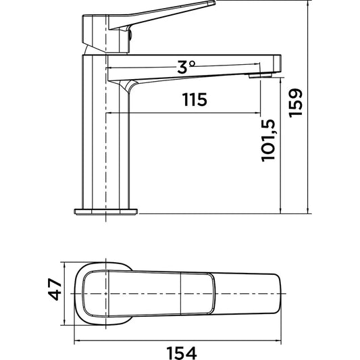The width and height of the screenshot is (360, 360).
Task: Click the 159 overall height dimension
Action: [x=296, y=103]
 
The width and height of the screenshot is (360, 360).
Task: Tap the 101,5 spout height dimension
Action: [x=268, y=140]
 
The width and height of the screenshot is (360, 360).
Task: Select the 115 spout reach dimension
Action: [x=195, y=100]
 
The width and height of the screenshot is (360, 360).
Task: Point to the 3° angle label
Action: [x=186, y=67]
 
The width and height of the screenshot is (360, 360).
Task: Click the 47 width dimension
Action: [x=55, y=289]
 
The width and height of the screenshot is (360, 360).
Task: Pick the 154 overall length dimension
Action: [x=182, y=353]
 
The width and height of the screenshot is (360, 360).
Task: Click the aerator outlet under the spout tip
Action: [x=260, y=75]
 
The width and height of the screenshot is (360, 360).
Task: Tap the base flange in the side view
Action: [x=106, y=211]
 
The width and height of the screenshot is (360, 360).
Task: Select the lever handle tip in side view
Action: [x=213, y=3]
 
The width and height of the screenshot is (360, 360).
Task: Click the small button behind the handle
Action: [x=130, y=35]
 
